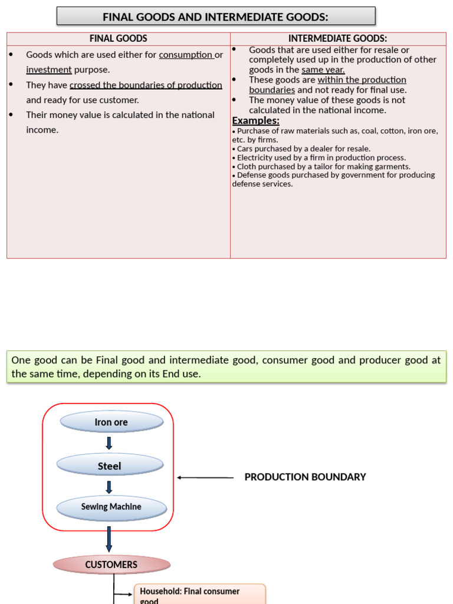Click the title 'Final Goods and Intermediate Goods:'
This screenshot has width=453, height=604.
(x=216, y=17)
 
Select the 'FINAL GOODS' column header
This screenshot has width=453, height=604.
(x=119, y=39)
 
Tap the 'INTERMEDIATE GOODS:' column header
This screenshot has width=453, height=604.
(x=337, y=39)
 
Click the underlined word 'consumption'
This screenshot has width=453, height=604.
(x=186, y=55)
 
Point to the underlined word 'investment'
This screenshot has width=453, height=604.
(x=49, y=70)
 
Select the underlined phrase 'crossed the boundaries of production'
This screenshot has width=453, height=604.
(x=146, y=85)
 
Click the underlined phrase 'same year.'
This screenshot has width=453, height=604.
(x=323, y=70)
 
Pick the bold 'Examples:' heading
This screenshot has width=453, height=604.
(x=255, y=120)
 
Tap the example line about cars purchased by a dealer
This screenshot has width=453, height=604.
(x=301, y=149)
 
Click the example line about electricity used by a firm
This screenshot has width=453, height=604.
(x=319, y=157)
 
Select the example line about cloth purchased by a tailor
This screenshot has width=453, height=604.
(x=321, y=166)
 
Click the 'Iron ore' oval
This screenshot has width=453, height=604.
(x=111, y=422)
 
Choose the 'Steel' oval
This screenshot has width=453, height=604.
(x=110, y=466)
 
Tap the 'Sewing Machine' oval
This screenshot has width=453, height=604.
(x=111, y=507)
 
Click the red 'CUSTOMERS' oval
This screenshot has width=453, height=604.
(x=111, y=564)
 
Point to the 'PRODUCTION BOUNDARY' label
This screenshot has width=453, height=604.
(x=305, y=477)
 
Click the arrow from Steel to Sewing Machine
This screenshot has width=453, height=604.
(x=109, y=487)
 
